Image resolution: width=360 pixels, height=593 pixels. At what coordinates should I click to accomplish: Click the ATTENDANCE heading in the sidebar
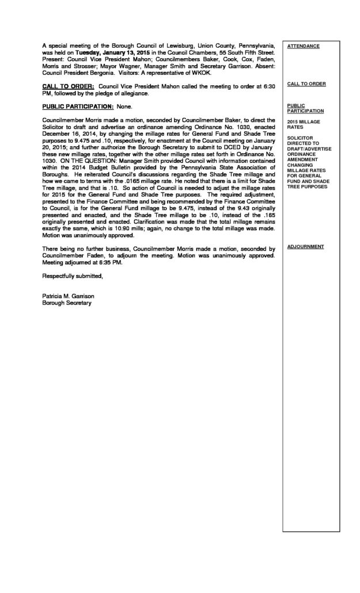[303, 45]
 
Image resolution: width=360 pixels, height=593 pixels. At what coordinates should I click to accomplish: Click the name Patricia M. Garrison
[68, 296]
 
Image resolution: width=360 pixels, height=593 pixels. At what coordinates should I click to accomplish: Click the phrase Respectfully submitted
[73, 276]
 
